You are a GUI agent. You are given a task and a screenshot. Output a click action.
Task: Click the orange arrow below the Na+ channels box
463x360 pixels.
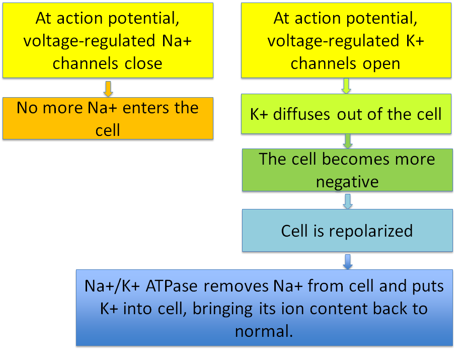[x=108, y=89]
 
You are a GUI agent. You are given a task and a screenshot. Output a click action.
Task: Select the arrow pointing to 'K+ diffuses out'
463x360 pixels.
[x=346, y=86]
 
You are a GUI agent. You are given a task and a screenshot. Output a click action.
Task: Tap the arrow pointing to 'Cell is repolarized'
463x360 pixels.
[x=348, y=201]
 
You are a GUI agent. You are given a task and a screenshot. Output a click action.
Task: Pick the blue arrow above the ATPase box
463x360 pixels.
[x=348, y=262]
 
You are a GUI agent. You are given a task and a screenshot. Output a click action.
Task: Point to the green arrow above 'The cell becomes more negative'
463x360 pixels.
[x=348, y=141]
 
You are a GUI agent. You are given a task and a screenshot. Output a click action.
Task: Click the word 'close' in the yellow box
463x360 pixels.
[x=143, y=63]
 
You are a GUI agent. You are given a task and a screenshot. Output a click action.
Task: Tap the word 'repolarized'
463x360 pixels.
[x=371, y=231]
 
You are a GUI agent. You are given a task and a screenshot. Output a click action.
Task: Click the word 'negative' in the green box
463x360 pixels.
[x=347, y=182]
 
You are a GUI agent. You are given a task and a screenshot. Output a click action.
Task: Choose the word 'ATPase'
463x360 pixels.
[x=172, y=286]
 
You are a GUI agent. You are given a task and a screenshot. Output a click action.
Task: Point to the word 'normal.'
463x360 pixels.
[x=264, y=331]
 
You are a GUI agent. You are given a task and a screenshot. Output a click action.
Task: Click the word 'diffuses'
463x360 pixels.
[x=301, y=114]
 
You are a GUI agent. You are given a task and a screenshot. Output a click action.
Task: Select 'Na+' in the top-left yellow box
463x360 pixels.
[x=177, y=41]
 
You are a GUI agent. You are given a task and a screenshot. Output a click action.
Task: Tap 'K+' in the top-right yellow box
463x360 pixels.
[x=415, y=41]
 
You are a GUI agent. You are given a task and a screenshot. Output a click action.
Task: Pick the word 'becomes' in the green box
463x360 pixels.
[x=356, y=159]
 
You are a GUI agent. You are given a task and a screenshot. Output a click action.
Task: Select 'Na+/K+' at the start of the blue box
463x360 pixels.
[x=112, y=286]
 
